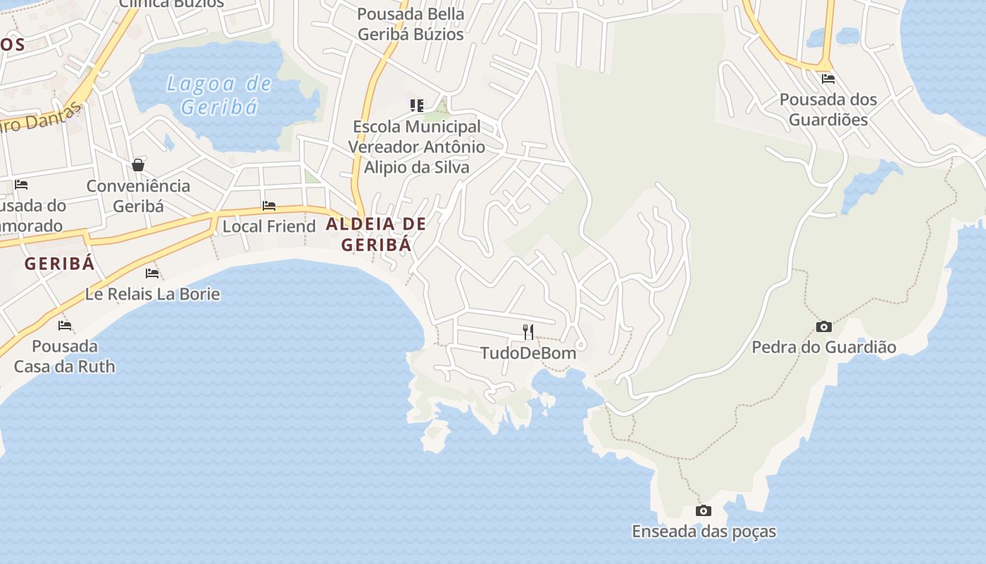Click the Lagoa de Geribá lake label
pos(218,95)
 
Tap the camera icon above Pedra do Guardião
pos(823,326)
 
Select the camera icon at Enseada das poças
pos(703,511)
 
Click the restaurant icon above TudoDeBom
pos(528,331)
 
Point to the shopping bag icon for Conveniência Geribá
pos(138,165)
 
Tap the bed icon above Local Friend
pos(269,206)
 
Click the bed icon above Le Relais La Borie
pos(152,274)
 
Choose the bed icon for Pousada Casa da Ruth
pos(65,326)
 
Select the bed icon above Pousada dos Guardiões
pos(828,79)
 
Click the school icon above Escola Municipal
pos(416,106)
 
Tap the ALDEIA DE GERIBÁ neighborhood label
pos(376,235)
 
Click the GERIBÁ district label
pos(59,264)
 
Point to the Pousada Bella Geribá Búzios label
pos(411,24)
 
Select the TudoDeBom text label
pos(528,353)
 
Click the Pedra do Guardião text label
pos(823,347)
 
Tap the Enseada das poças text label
pos(704,532)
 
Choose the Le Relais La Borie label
pos(152,294)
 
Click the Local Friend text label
pos(269,226)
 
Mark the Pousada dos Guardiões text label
pos(828,109)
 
